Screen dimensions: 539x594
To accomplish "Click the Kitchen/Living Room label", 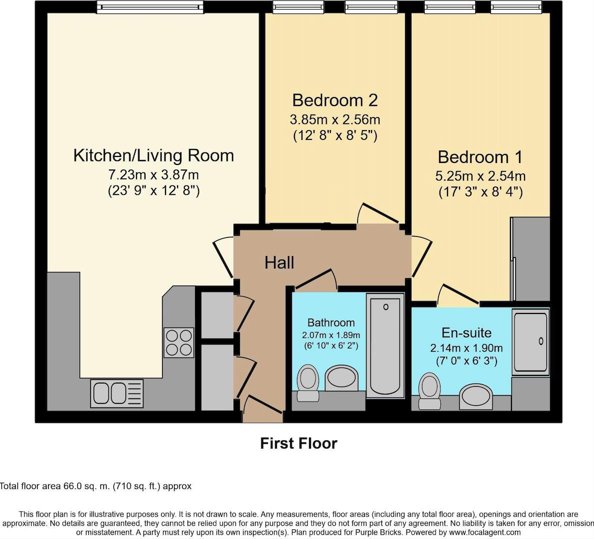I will tap(153, 155).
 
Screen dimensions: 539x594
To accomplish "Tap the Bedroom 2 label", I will tap(334, 100).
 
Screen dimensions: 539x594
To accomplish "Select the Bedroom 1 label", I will tap(480, 157).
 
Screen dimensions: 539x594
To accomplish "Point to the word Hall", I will tap(279, 262).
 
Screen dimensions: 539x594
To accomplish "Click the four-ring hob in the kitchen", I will tap(178, 342).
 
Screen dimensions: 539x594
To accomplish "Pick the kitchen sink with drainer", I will tap(116, 392).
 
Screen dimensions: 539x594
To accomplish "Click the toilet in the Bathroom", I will tap(307, 382).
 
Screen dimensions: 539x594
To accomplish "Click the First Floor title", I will tap(298, 443).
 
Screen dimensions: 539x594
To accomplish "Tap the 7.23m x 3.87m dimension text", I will tap(153, 175).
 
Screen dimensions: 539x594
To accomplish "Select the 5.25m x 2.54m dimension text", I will tap(480, 176).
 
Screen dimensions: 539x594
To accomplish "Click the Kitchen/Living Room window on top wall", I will tap(150, 7).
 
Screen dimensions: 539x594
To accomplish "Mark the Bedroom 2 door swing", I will tap(377, 214).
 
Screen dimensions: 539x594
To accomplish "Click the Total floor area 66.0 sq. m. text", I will tap(95, 486).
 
